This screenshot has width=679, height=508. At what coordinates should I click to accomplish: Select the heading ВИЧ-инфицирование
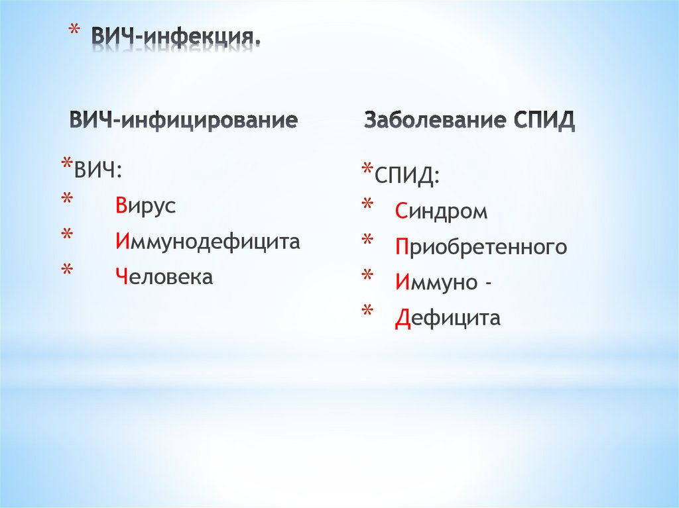tap(184, 121)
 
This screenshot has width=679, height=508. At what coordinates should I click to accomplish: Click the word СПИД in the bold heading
tap(544, 121)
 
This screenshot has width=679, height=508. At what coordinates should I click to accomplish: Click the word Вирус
tap(145, 205)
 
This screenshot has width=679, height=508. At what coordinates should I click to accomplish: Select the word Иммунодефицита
tap(207, 241)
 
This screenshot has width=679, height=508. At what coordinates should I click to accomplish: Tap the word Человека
tap(163, 277)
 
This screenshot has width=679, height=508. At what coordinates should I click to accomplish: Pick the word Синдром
tap(441, 212)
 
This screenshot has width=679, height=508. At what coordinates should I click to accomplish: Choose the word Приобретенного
tap(481, 248)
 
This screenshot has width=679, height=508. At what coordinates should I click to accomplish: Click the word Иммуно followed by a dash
tap(444, 283)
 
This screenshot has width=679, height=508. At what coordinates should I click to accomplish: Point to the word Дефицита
tap(448, 319)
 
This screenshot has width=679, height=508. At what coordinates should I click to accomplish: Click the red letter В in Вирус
tap(119, 205)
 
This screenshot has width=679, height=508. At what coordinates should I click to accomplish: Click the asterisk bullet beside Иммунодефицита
tap(66, 236)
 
